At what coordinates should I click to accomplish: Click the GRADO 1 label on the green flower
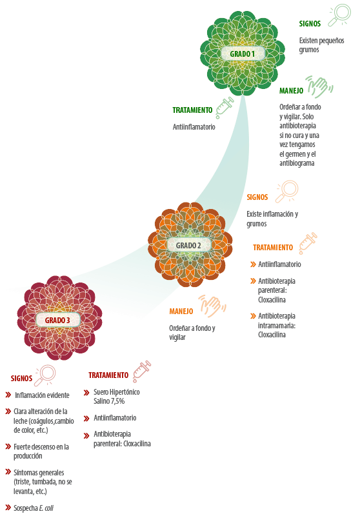(242, 54)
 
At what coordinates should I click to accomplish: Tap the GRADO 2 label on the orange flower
(188, 246)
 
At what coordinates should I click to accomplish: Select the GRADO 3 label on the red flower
(57, 320)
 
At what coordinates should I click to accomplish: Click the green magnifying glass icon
(339, 14)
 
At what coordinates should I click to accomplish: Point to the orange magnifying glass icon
(287, 191)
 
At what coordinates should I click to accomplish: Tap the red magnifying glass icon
(45, 375)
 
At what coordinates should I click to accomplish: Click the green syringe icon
(225, 108)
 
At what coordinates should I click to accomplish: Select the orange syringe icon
(308, 243)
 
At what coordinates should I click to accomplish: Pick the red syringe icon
(142, 372)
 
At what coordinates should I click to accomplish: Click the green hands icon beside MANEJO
(319, 87)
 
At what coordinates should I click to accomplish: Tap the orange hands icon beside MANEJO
(212, 306)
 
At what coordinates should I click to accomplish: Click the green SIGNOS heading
(310, 24)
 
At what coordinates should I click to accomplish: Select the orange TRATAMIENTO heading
(273, 248)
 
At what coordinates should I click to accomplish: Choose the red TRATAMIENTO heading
(108, 375)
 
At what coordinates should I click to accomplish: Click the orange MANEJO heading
(181, 312)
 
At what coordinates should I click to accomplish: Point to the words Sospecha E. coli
(34, 508)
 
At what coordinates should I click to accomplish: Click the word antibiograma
(297, 163)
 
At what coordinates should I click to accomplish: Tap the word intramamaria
(276, 326)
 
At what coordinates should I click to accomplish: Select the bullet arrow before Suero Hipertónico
(86, 392)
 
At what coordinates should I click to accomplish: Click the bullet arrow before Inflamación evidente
(8, 395)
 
